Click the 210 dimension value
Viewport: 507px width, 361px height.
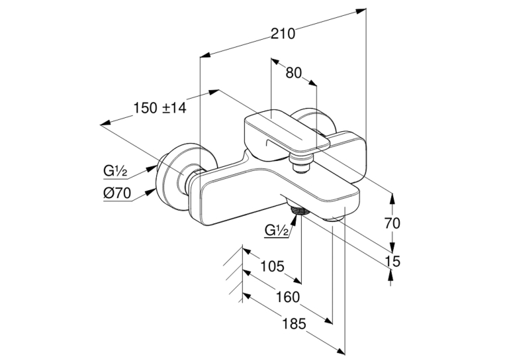point(283,34)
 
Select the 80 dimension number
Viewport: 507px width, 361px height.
point(294,73)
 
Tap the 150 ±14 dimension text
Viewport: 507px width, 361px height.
point(160,108)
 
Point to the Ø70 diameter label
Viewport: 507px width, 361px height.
point(117,193)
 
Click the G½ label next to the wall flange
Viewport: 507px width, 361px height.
point(115,170)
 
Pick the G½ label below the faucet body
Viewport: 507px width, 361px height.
point(277,231)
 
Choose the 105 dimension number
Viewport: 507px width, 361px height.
point(272,266)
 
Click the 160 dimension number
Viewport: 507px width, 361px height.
point(287,297)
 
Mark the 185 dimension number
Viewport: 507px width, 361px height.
point(294,323)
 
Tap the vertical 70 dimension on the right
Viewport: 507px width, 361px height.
point(392,223)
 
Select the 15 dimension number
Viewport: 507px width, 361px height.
point(392,261)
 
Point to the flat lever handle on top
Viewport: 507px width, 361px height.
point(286,132)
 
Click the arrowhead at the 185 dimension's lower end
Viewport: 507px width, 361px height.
point(341,351)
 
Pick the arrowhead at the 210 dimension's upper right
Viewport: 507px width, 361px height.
point(361,11)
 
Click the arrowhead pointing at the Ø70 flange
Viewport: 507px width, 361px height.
point(150,192)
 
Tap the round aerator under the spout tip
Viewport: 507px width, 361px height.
point(335,219)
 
